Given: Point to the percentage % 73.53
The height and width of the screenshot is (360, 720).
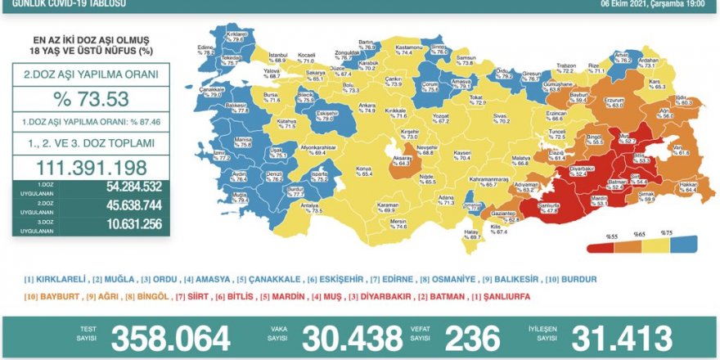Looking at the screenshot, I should tap(91, 100).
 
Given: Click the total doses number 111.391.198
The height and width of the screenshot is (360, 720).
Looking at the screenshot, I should tap(91, 166).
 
